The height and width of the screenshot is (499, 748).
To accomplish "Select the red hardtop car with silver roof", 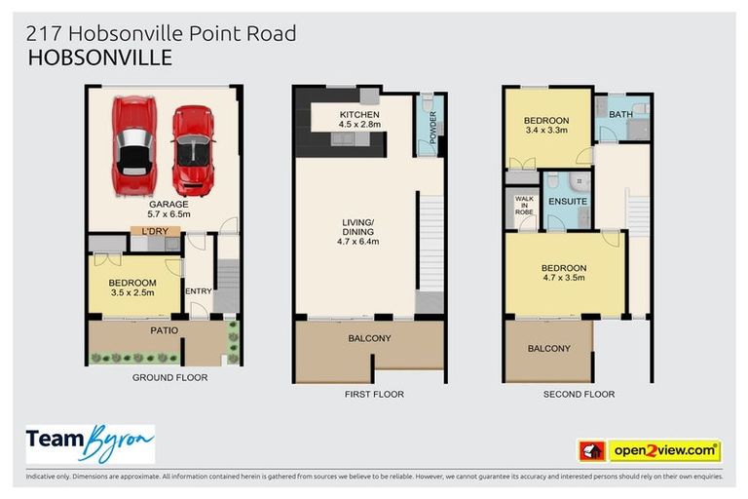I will tap(134, 144).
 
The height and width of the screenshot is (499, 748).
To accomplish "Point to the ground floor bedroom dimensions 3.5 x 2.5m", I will tap(133, 291).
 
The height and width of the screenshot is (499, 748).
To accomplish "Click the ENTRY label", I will tap(198, 291).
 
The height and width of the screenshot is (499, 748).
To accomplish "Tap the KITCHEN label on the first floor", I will tap(359, 114).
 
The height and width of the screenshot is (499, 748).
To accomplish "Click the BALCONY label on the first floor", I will tap(370, 338).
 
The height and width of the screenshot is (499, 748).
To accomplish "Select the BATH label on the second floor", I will tap(620, 115).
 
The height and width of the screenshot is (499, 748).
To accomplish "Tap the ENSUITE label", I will tap(567, 202).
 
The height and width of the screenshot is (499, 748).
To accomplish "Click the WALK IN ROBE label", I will tap(524, 206).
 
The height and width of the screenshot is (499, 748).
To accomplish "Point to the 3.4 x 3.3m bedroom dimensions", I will tap(546, 132).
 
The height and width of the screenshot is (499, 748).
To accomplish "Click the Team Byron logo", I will tap(91, 443).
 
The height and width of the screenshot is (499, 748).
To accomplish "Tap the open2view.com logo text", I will tap(664, 450).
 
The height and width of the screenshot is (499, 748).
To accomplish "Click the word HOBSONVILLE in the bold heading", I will tap(100, 58).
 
